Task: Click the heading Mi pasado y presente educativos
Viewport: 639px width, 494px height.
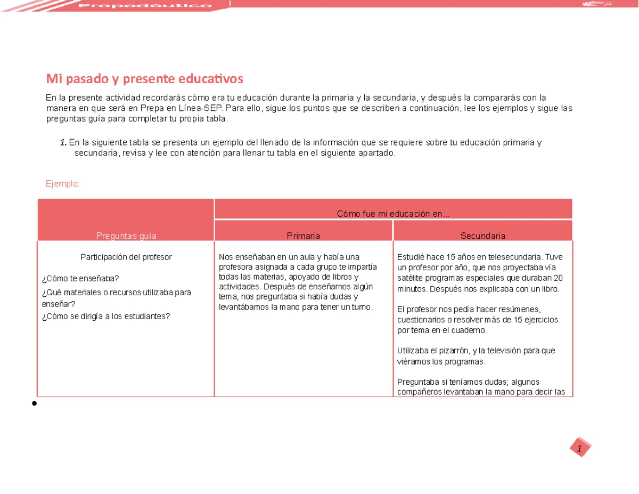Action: pos(144,79)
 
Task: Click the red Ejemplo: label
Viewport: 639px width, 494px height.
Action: pos(62,183)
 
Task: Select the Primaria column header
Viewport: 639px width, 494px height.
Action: pos(304,235)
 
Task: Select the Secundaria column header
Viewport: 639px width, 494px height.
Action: pos(482,235)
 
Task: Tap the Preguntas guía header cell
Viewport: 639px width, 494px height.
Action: pos(126,235)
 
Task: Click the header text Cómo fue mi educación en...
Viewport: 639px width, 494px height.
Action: pos(393,214)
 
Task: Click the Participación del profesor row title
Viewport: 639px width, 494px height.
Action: pos(126,257)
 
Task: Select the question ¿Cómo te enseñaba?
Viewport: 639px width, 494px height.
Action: pos(80,278)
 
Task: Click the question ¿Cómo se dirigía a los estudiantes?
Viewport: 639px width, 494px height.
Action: pos(105,316)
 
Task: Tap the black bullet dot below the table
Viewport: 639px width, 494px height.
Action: pos(34,403)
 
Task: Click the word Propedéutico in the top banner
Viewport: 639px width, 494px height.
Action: pos(145,5)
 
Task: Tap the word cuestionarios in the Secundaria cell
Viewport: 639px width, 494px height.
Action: pos(420,320)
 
